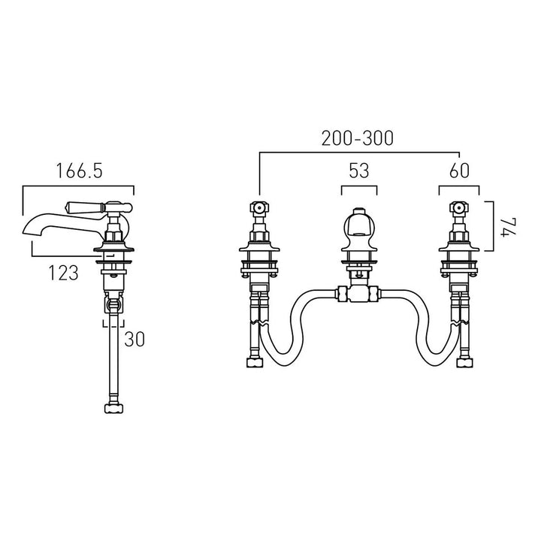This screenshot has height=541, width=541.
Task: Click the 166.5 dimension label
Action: click(80, 171)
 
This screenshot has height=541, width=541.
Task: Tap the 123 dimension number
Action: click(63, 273)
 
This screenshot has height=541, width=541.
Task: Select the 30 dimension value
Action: click(134, 339)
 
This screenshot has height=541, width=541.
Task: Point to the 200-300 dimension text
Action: click(358, 138)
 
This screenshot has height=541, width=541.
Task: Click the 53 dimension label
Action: click(359, 171)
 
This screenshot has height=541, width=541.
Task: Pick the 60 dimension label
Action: click(459, 171)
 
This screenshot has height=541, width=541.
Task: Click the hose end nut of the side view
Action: click(114, 409)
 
